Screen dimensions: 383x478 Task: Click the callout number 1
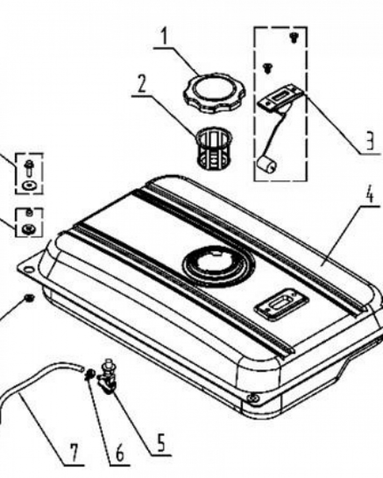point(164,37)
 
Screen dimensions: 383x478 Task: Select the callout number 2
point(141,83)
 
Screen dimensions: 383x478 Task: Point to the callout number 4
point(369,195)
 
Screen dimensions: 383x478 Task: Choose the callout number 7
point(74,453)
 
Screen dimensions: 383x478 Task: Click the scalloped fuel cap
point(211,93)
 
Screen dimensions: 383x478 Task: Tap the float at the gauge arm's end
point(267,164)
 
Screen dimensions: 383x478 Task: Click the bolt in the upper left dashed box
point(29,168)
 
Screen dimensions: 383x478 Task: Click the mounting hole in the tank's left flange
point(28,270)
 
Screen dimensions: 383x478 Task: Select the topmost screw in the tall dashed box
point(293,37)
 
